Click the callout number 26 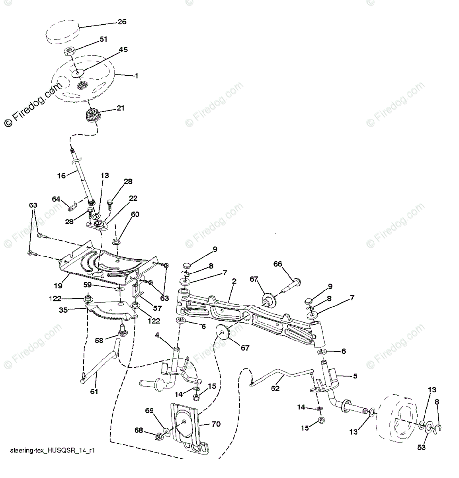[x=122, y=22]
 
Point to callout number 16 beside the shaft [x=62, y=175]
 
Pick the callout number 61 [x=94, y=392]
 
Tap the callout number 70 [x=216, y=424]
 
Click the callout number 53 [x=421, y=447]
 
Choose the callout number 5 [x=355, y=376]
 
